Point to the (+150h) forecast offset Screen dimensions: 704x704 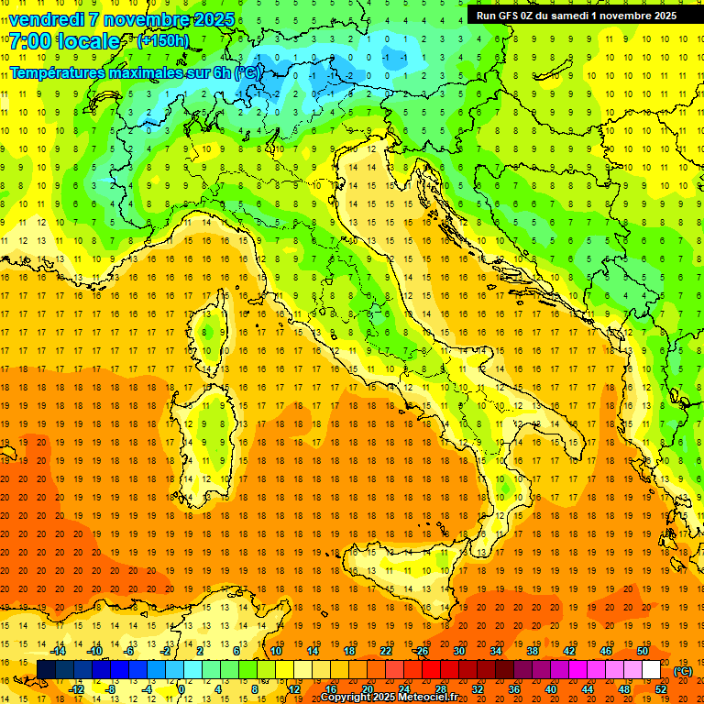coord(163,41)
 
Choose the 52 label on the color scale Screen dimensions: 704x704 coord(661,689)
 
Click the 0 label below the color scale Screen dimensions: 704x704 coord(181,689)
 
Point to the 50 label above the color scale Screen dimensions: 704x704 coord(642,651)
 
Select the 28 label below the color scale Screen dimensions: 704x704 coord(440,689)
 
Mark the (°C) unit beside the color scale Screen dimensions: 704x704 coord(683,671)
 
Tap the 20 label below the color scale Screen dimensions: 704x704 coord(367,689)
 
